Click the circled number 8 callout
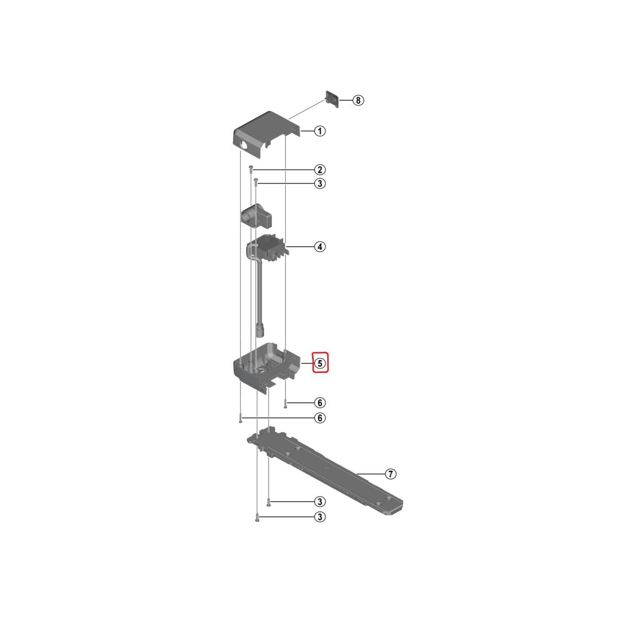358,100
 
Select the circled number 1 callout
319,131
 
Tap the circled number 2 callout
319,169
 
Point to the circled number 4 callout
319,247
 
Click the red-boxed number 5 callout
320,364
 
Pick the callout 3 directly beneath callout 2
319,184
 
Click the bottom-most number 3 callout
319,526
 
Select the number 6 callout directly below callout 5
319,403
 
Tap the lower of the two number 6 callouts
319,418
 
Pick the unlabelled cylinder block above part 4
256,217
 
